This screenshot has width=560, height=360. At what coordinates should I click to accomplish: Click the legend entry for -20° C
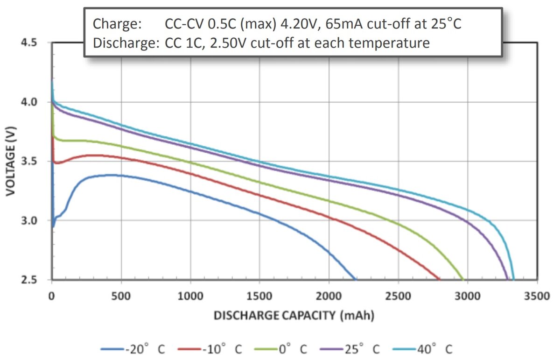tap(133, 349)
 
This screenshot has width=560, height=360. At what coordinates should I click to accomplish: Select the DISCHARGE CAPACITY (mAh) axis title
tap(294, 315)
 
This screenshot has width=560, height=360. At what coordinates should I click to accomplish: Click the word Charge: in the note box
tap(117, 24)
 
